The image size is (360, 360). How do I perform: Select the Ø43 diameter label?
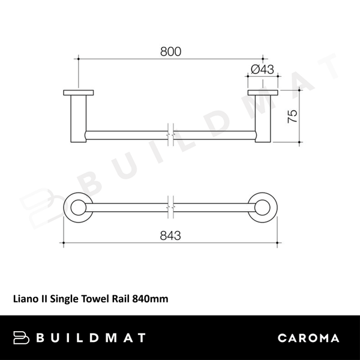click(x=262, y=70)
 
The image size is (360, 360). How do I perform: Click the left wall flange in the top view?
click(x=78, y=92)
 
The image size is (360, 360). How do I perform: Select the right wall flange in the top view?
click(x=263, y=92)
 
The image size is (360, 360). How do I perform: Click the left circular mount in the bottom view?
click(x=78, y=209)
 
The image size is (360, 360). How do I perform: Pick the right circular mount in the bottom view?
click(x=263, y=209)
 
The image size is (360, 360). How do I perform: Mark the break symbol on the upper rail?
click(x=171, y=135)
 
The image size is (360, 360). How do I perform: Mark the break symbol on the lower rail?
click(x=171, y=209)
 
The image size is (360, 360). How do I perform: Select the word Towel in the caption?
click(x=93, y=296)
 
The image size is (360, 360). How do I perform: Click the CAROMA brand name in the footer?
click(x=308, y=338)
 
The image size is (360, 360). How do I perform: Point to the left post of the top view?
click(x=78, y=118)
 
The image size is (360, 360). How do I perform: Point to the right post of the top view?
click(x=263, y=118)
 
